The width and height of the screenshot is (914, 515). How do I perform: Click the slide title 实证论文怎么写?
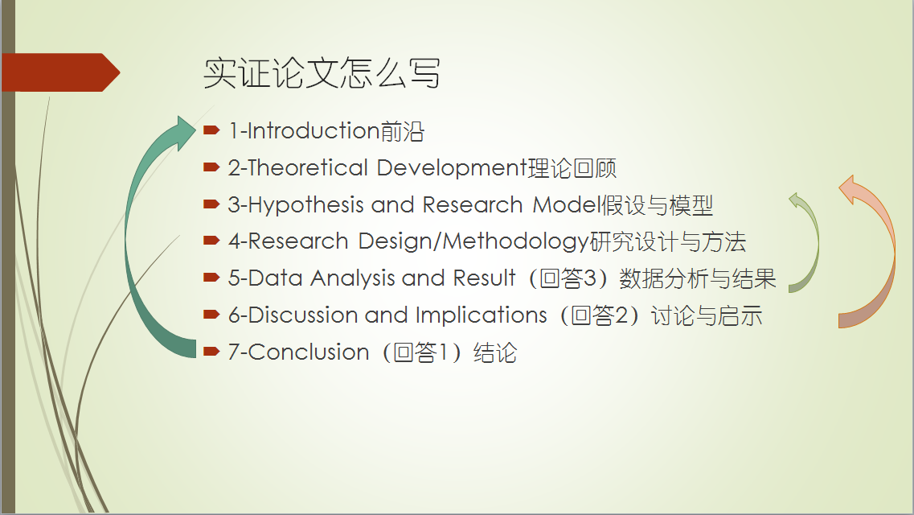tap(322, 73)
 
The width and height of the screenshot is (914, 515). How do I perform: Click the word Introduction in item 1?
tap(314, 130)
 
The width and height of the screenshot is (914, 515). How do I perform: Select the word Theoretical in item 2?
tap(308, 168)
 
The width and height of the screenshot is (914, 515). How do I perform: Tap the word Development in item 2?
tap(452, 168)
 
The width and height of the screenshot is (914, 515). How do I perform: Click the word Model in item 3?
tap(566, 204)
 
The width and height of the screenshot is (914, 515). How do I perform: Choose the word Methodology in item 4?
tap(516, 242)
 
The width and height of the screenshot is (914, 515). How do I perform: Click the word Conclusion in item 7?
tap(309, 352)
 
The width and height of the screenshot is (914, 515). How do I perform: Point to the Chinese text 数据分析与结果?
tap(697, 278)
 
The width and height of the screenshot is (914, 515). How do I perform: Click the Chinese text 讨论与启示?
tap(707, 315)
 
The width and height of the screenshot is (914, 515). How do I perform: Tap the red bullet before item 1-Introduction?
tap(211, 130)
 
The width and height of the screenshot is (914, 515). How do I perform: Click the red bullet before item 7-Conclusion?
tap(211, 351)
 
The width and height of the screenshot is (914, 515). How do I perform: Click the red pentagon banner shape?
tap(60, 72)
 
